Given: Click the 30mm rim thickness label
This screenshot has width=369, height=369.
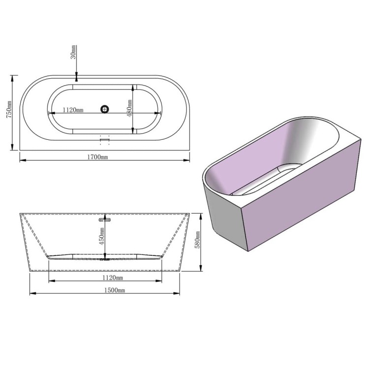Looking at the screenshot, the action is click(x=74, y=52).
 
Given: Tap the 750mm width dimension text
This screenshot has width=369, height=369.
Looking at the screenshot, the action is click(x=9, y=109).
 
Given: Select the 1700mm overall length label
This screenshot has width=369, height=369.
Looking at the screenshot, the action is click(x=97, y=157).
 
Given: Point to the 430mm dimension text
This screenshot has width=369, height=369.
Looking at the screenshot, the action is click(x=129, y=108).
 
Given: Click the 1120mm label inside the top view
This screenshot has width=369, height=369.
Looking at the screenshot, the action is click(x=73, y=110).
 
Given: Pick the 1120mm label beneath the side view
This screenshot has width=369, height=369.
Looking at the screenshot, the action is click(x=113, y=277).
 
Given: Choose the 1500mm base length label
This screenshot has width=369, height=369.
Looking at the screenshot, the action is click(x=115, y=290).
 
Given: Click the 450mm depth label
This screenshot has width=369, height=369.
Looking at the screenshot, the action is click(x=101, y=236).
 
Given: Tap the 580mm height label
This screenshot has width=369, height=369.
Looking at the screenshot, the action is click(x=197, y=240).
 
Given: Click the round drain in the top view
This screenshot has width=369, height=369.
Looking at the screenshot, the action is click(x=104, y=109).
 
